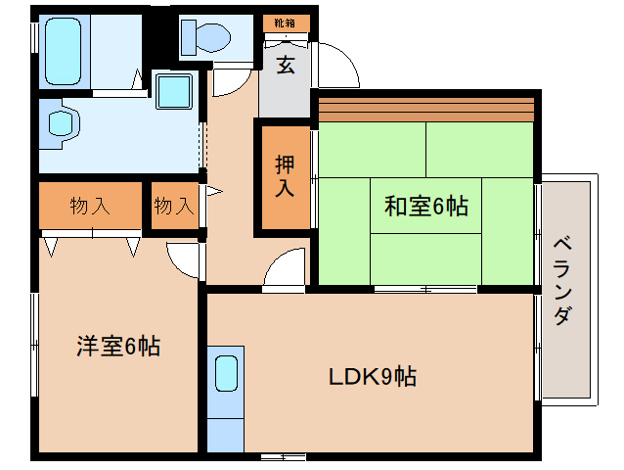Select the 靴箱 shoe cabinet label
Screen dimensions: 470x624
286,22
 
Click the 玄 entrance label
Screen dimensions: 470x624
286,66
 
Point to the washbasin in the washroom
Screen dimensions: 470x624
62,124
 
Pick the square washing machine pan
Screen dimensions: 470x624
176,93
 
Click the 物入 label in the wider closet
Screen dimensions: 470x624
89,206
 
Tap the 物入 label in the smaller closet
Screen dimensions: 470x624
174,206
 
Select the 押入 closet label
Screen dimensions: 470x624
284,175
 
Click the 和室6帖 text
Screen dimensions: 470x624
425,206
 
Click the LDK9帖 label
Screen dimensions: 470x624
372,375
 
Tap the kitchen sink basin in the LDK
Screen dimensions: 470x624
225,373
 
